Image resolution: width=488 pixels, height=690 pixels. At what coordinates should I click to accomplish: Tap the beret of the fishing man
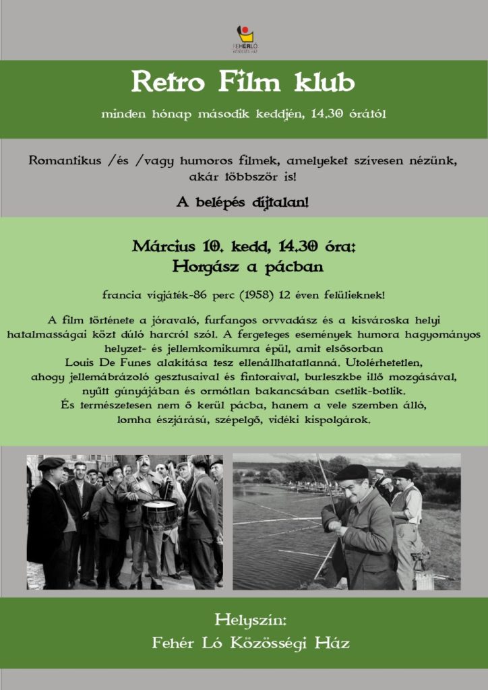352,472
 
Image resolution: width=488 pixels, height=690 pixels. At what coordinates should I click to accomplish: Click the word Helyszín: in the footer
243,619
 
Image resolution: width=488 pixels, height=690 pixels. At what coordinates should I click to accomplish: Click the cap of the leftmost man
51,463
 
